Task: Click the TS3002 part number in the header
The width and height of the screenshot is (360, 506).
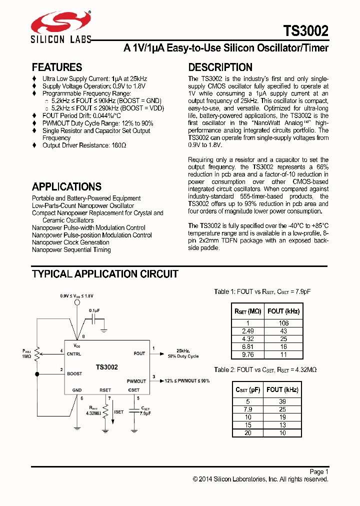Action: [x=306, y=31]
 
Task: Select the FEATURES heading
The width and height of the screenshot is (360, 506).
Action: [x=57, y=67]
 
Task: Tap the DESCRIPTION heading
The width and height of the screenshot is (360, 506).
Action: [x=220, y=67]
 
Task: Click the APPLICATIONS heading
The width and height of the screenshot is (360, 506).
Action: [x=66, y=186]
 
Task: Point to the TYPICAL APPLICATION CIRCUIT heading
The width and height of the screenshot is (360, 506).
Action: [x=105, y=274]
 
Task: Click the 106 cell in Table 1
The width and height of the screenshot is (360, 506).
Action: [x=283, y=323]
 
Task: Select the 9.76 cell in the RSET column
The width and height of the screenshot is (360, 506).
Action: [x=247, y=354]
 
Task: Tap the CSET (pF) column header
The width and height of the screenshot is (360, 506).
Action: [x=247, y=389]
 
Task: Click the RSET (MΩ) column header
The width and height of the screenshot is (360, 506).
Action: [x=247, y=311]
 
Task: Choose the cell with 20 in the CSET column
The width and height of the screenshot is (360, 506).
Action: [x=247, y=433]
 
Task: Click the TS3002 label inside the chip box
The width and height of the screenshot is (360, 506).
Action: [x=107, y=367]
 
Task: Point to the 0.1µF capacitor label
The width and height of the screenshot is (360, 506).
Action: [x=94, y=310]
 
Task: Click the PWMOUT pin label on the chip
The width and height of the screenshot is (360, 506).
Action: [x=136, y=381]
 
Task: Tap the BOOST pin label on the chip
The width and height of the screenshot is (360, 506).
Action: [x=74, y=373]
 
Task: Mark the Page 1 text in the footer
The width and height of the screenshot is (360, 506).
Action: [x=319, y=471]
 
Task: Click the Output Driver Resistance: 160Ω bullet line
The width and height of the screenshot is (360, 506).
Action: [x=84, y=145]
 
